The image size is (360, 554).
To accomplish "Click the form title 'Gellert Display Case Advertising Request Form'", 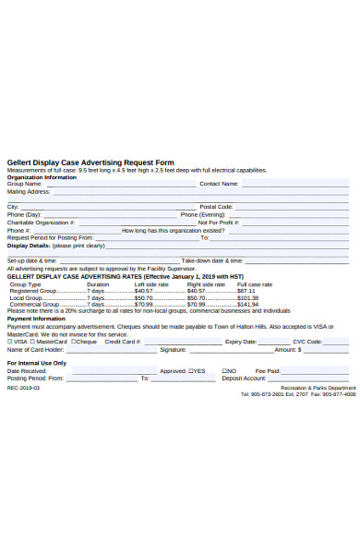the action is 90,162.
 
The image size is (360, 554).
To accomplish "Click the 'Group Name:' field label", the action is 25,184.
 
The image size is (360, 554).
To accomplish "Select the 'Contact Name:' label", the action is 219,184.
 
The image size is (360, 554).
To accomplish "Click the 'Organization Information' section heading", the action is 42,177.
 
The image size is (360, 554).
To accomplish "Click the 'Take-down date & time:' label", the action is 212,261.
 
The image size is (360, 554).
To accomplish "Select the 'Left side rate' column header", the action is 151,284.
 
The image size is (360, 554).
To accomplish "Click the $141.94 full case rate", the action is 247,305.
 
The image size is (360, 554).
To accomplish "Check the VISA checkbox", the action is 10,342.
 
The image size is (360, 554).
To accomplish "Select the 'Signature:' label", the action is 174,350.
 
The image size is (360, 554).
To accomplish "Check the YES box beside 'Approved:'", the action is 191,371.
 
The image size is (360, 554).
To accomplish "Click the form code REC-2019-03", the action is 23,388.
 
